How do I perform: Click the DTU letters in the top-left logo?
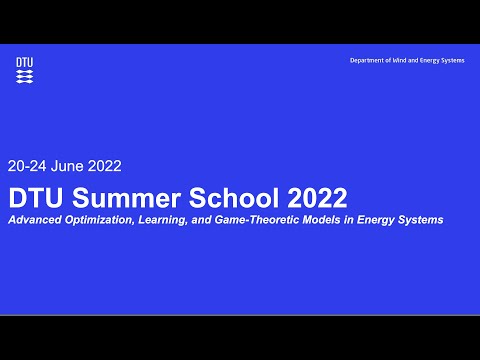(x=24, y=62)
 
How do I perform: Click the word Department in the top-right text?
(x=367, y=61)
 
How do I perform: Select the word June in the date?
(x=70, y=167)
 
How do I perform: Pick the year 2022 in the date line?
(x=106, y=167)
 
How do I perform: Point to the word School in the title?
(x=217, y=194)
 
